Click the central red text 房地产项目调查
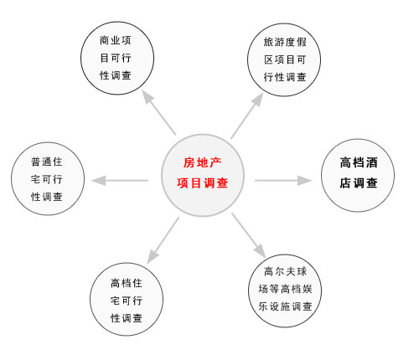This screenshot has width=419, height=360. tap(203, 173)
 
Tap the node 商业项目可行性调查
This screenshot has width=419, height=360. tap(117, 58)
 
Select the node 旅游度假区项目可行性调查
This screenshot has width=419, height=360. tap(284, 59)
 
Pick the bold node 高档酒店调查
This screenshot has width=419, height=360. tap(358, 175)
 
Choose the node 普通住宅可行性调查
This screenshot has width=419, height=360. tap(48, 178)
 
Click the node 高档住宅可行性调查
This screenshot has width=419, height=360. tap(127, 299)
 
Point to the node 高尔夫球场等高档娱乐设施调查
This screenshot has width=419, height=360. tap(285, 291)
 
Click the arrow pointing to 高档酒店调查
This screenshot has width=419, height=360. tap(283, 181)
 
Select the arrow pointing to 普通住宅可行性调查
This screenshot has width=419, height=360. tap(120, 181)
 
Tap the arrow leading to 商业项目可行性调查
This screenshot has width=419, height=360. tap(158, 112)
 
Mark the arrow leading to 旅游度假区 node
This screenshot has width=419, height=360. tap(247, 116)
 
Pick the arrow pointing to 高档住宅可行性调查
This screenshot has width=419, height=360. tap(163, 240)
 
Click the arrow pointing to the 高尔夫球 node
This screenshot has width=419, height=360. tap(248, 235)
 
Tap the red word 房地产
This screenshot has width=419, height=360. tap(203, 162)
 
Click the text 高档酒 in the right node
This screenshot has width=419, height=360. tap(359, 162)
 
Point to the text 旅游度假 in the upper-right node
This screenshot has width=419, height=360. tap(285, 42)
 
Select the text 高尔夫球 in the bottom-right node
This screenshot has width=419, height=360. tap(285, 271)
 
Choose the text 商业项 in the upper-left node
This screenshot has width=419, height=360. tap(116, 40)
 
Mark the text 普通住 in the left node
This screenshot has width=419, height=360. tap(46, 162)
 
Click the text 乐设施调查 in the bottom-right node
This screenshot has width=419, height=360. tap(285, 306)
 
